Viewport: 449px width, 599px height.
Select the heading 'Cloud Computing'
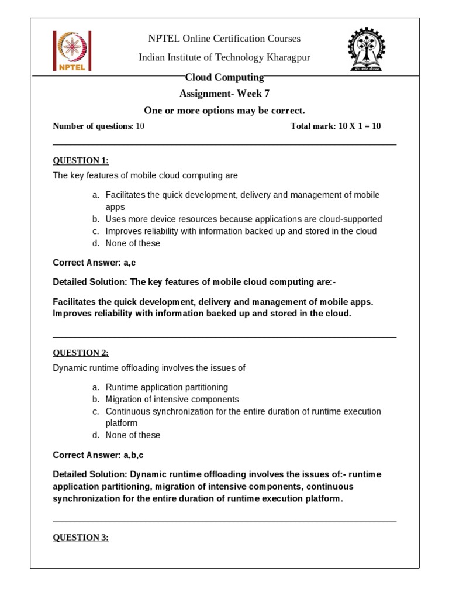pyautogui.click(x=224, y=77)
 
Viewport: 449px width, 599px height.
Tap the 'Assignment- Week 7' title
pyautogui.click(x=224, y=94)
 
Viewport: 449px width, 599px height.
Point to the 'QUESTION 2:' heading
pyautogui.click(x=81, y=353)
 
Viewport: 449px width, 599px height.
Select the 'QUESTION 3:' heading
pyautogui.click(x=81, y=538)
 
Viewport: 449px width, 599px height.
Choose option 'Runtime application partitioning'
pyautogui.click(x=167, y=387)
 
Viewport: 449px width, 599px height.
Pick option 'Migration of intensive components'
pyautogui.click(x=172, y=399)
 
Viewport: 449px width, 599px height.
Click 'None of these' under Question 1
pyautogui.click(x=133, y=243)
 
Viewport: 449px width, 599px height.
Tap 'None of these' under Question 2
pyautogui.click(x=133, y=435)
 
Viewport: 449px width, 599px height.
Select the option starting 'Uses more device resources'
pyautogui.click(x=243, y=219)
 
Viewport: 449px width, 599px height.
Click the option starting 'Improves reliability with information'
pyautogui.click(x=241, y=230)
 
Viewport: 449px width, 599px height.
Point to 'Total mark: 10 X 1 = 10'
pyautogui.click(x=336, y=126)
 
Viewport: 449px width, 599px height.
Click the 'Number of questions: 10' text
pyautogui.click(x=98, y=126)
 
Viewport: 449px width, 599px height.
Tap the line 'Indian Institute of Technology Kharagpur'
pyautogui.click(x=224, y=57)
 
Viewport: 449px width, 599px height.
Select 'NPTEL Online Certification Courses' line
pyautogui.click(x=224, y=39)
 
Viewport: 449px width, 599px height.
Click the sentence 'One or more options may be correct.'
pyautogui.click(x=224, y=111)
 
